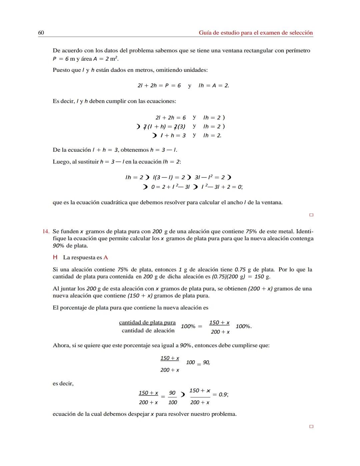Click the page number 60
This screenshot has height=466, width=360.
pos(41,33)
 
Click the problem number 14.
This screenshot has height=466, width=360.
pos(46,231)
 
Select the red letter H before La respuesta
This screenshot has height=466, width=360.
pos(55,258)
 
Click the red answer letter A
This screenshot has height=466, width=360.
pos(106,258)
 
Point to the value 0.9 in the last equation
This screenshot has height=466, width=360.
pos(223,395)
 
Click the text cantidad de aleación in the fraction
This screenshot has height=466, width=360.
pos(148,331)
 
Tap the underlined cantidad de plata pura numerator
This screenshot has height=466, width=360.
pos(147,323)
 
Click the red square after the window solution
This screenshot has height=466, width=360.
pos(311,215)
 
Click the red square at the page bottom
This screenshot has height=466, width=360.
pos(311,427)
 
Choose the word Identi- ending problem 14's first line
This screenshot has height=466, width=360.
pos(305,231)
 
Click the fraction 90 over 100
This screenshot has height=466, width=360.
pos(172,398)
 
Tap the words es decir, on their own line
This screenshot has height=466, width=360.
pos(63,384)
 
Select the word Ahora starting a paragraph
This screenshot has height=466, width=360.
pos(61,346)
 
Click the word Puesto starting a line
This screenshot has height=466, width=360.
pos(61,70)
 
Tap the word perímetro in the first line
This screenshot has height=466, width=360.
pos(298,51)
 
